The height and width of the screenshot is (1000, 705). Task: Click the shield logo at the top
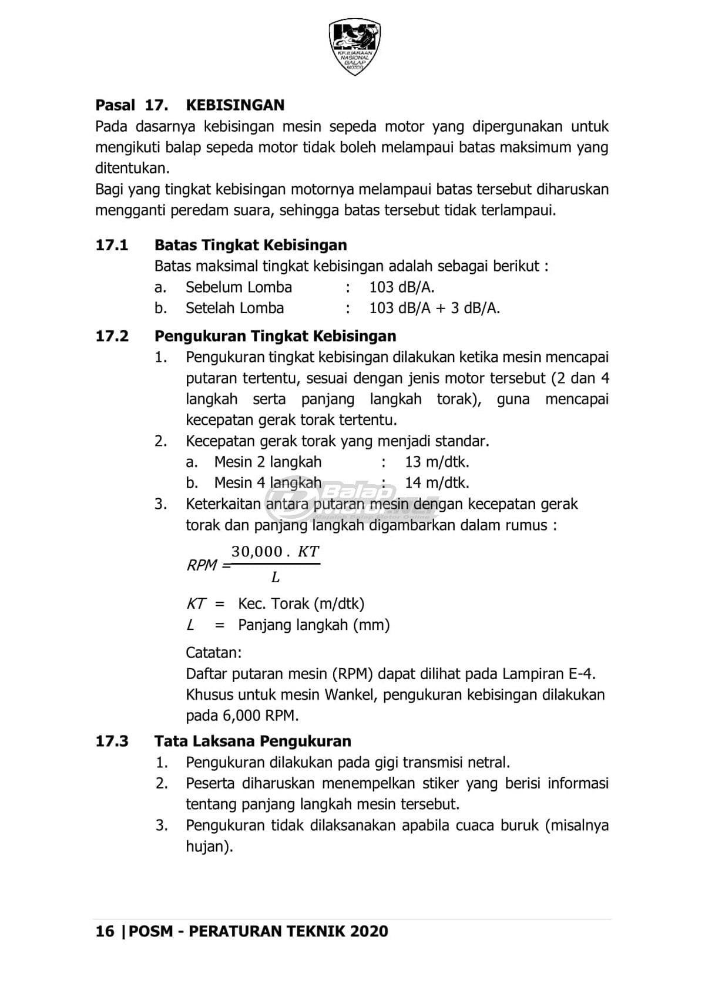pos(354,46)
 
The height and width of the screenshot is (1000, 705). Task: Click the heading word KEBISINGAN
pos(235,105)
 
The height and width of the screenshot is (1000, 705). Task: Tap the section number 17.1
pos(112,245)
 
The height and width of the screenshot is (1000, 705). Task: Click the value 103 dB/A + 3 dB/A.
pos(434,308)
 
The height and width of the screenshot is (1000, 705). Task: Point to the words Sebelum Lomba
pos(239,287)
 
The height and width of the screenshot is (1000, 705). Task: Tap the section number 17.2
pos(112,336)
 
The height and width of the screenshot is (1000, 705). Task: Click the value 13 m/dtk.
pos(437,462)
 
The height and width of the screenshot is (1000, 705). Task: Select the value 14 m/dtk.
pos(437,483)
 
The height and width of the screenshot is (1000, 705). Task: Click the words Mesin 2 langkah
pos(267,462)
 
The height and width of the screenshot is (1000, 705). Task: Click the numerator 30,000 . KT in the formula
pos(275,552)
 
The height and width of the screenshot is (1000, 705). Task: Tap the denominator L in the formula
pos(275,578)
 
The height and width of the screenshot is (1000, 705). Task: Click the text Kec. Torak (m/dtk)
pos(301,604)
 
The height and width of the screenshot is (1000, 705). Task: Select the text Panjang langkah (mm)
pos(314,625)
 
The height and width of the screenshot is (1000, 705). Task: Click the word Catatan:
pos(213,653)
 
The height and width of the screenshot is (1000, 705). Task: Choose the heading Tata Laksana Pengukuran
pos(253,741)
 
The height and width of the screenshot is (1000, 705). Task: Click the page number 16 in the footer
pos(105,931)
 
